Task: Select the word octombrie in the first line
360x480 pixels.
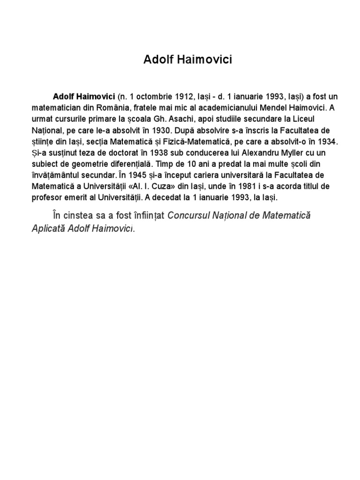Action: point(151,96)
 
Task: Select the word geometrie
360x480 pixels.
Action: point(90,164)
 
